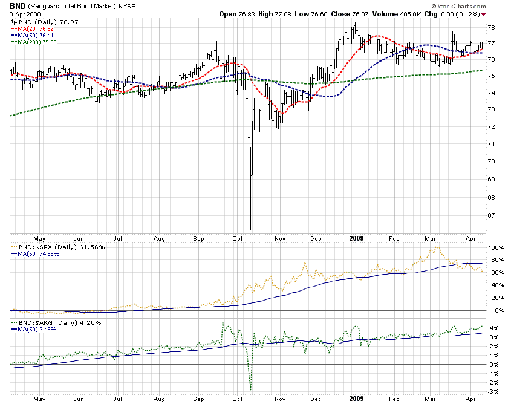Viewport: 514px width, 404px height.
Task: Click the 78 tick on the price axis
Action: [492, 28]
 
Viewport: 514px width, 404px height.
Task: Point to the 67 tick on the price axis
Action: [492, 216]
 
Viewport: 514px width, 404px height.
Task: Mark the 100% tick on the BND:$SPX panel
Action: [495, 248]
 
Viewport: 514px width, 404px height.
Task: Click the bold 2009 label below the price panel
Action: [356, 239]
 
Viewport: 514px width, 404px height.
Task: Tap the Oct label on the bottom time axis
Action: [238, 399]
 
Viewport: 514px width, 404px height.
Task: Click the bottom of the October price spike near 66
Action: [250, 229]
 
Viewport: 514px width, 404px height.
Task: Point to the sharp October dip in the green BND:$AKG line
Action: [250, 389]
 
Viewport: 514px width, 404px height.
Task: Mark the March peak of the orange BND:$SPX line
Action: [437, 247]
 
